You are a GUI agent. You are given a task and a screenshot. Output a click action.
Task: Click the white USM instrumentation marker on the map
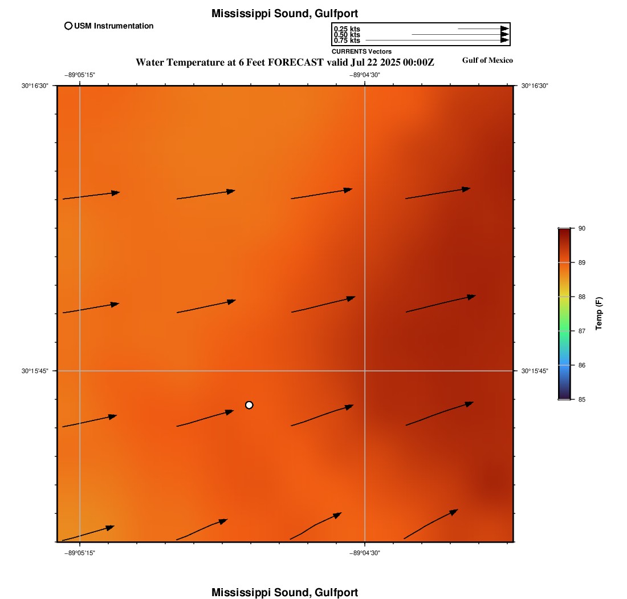tap(249, 405)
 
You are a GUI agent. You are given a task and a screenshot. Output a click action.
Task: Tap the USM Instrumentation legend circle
tap(68, 26)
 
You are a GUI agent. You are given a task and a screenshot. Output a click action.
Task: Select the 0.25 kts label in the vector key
tap(347, 29)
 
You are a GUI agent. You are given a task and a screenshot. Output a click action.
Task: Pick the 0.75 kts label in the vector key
tap(347, 41)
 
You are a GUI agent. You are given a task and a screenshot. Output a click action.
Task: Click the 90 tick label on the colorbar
tap(582, 228)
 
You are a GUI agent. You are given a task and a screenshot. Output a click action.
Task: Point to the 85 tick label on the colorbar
tap(582, 399)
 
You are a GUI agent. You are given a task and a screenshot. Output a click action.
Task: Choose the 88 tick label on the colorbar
tap(582, 297)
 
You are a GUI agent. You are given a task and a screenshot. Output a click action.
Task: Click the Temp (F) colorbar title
tap(599, 314)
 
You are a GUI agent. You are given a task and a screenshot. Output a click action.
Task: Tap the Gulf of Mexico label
tap(487, 60)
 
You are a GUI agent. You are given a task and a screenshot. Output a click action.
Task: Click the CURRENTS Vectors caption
tap(361, 51)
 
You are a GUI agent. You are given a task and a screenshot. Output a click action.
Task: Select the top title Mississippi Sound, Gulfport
tap(285, 13)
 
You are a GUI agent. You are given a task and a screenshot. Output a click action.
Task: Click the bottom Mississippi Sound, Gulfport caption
tap(285, 592)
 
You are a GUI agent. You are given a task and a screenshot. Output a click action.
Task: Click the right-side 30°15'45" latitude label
tap(535, 371)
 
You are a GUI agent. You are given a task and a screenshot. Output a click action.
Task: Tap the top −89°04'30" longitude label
tap(365, 75)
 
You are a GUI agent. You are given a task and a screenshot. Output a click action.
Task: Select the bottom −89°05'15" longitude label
tap(79, 552)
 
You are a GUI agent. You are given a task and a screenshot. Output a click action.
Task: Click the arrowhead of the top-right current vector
tap(466, 189)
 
